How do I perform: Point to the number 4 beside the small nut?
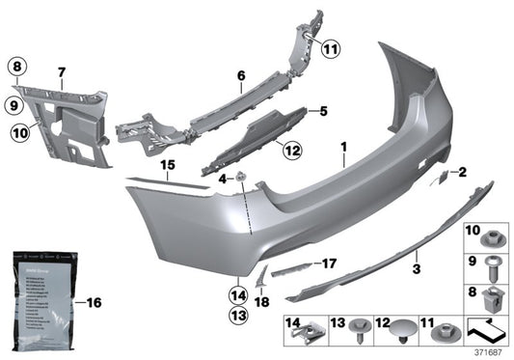pos(221,179)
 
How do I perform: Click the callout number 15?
pos(168,165)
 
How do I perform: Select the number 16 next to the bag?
pos(94,302)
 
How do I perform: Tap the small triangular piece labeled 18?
pos(259,280)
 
